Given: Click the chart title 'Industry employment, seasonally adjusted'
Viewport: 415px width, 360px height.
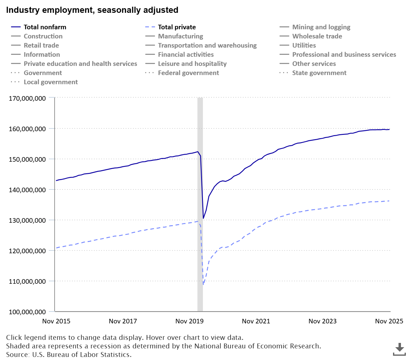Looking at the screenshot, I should point(92,10).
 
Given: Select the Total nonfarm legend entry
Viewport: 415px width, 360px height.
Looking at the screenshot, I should point(45,27).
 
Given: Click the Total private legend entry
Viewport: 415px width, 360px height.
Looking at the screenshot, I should point(177,27).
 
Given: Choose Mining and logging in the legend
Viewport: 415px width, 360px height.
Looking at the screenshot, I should point(321,27).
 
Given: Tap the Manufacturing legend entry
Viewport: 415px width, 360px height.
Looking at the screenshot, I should point(180,36).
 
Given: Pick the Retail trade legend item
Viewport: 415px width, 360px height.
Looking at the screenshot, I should point(41,45).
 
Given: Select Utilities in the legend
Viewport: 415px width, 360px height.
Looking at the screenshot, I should point(304,45).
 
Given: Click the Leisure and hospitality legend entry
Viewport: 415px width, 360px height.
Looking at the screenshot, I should point(192,64).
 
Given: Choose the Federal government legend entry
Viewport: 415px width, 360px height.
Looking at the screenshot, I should point(188,73).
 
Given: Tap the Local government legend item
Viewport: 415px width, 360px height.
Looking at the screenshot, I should point(51,82).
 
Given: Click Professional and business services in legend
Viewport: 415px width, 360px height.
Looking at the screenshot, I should point(344,55).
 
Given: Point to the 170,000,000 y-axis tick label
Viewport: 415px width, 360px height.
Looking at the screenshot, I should point(27,98).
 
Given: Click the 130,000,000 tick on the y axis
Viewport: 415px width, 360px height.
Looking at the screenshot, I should point(27,220).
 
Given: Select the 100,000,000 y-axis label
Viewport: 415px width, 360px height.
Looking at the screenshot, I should point(27,312).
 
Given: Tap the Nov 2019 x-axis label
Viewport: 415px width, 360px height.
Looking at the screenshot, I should point(189,321).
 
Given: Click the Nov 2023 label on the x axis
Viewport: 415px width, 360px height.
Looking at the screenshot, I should point(323,321).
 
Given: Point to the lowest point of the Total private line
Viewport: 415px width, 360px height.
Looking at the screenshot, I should point(203,284).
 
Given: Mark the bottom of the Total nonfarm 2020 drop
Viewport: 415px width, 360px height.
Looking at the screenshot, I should point(203,218).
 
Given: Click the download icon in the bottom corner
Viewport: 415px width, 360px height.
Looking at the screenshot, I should point(399,349).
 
